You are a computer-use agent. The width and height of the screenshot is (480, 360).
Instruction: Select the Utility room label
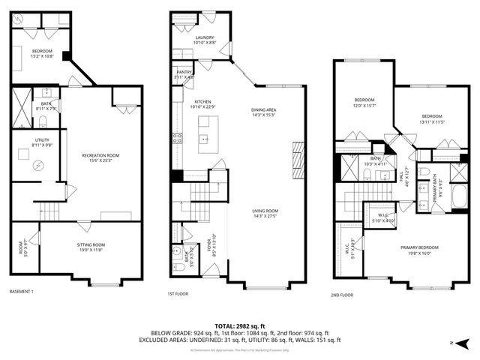tap(41, 142)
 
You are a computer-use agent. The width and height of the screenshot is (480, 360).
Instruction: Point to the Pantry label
tap(184, 75)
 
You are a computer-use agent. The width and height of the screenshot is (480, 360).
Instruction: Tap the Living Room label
tap(265, 213)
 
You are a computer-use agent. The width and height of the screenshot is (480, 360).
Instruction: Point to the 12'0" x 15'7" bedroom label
tap(364, 103)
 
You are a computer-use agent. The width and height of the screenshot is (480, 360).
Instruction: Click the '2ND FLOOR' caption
tap(341, 295)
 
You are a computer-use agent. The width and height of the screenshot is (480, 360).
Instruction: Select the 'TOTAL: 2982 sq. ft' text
tap(239, 326)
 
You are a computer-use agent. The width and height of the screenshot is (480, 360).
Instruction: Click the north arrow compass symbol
tap(463, 343)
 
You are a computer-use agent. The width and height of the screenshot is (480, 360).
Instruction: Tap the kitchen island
tap(208, 139)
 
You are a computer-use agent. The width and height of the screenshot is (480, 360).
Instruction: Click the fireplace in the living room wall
tap(298, 157)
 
